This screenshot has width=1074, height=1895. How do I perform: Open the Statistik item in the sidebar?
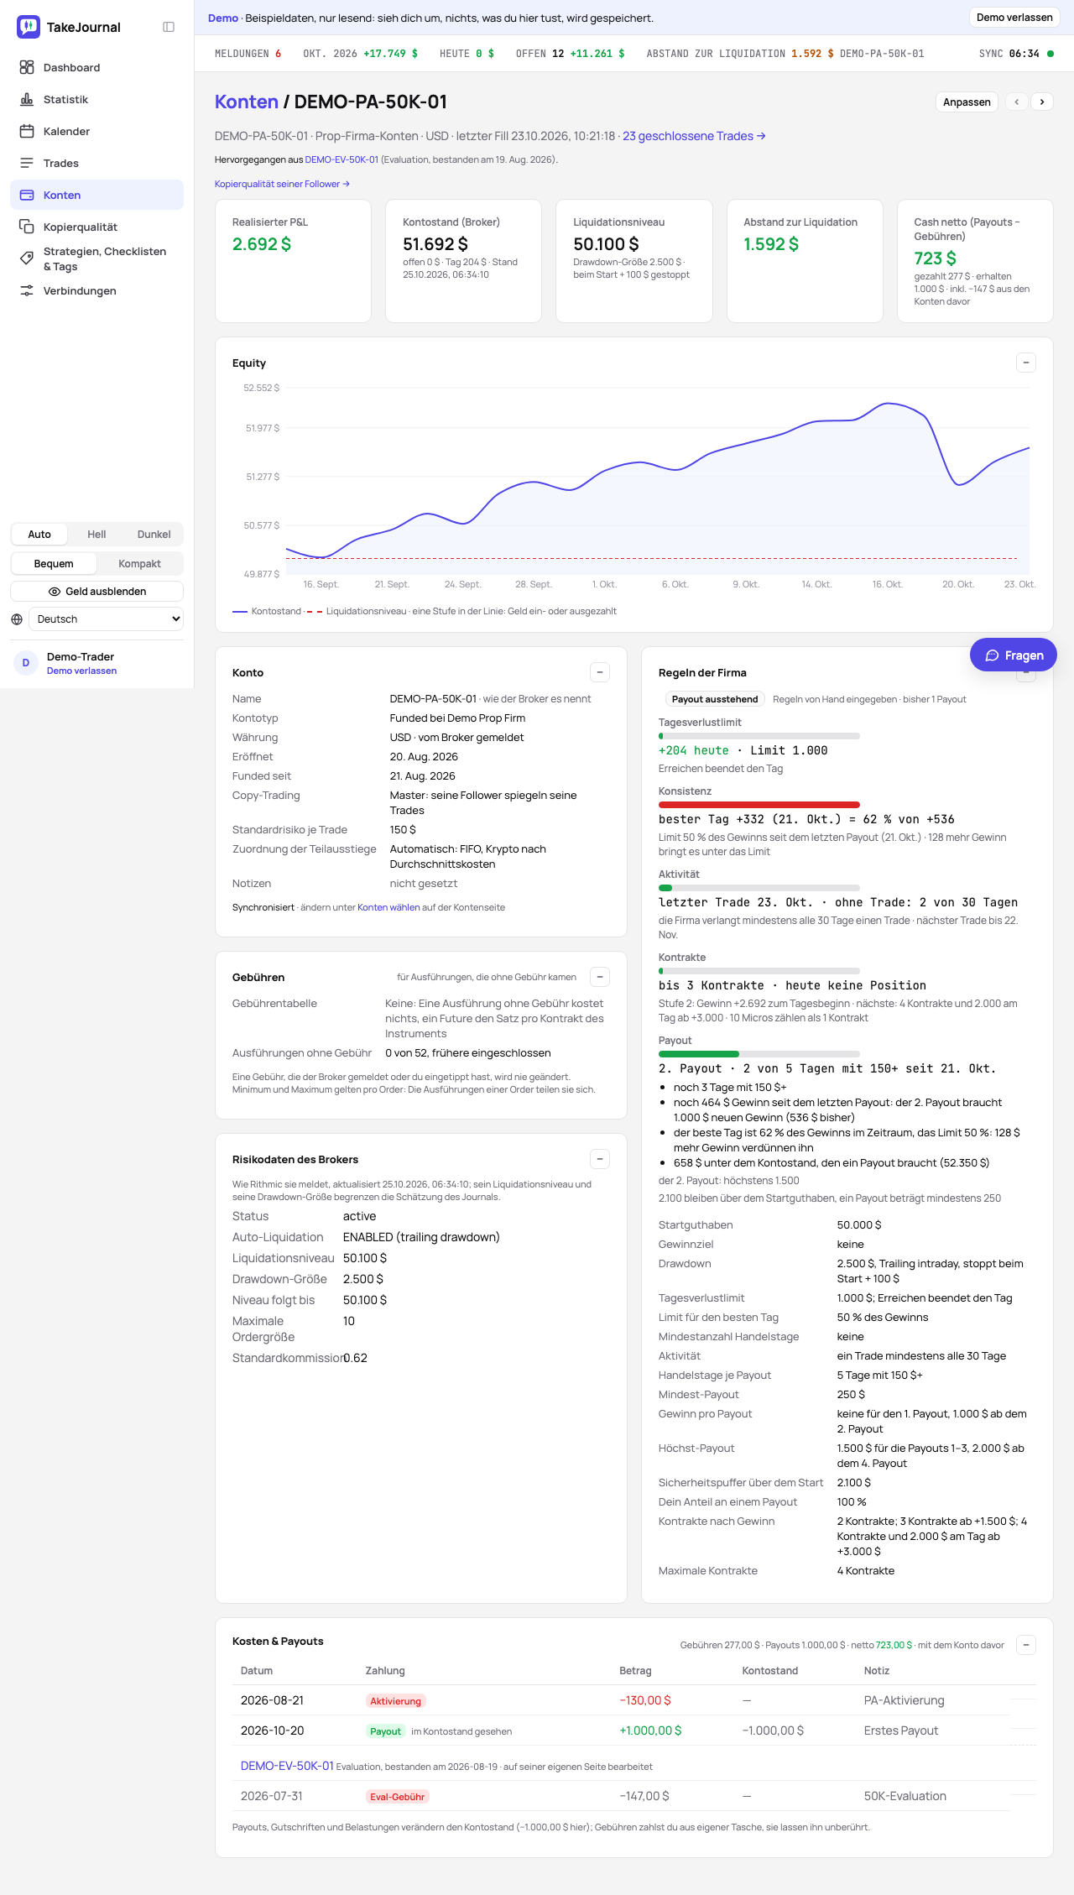pyautogui.click(x=65, y=99)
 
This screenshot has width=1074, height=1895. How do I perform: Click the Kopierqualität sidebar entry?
pyautogui.click(x=80, y=227)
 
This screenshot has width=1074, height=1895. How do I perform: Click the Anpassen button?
pyautogui.click(x=967, y=102)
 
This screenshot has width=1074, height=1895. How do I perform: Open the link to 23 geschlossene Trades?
pyautogui.click(x=694, y=136)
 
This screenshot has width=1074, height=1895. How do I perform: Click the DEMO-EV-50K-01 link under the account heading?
pyautogui.click(x=341, y=159)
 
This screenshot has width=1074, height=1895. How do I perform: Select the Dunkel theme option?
pyautogui.click(x=154, y=535)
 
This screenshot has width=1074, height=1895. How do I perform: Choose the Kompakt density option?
pyautogui.click(x=139, y=564)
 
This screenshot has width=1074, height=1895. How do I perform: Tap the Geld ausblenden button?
pyautogui.click(x=97, y=592)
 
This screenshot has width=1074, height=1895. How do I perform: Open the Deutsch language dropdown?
pyautogui.click(x=106, y=619)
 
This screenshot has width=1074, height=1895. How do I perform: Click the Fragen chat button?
pyautogui.click(x=1014, y=655)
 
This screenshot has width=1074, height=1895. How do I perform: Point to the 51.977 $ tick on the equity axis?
pyautogui.click(x=263, y=428)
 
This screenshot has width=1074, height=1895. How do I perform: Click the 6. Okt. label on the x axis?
pyautogui.click(x=675, y=584)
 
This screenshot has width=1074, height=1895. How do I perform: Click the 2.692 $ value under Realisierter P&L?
pyautogui.click(x=262, y=244)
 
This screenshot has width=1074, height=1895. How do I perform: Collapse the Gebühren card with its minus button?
pyautogui.click(x=600, y=977)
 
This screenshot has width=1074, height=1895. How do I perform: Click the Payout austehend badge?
pyautogui.click(x=715, y=699)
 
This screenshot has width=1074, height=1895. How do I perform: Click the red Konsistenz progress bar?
pyautogui.click(x=759, y=805)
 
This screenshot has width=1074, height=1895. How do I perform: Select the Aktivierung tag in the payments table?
pyautogui.click(x=396, y=1701)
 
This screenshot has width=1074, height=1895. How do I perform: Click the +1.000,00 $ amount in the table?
pyautogui.click(x=650, y=1731)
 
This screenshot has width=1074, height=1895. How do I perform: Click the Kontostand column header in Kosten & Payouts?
pyautogui.click(x=770, y=1671)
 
